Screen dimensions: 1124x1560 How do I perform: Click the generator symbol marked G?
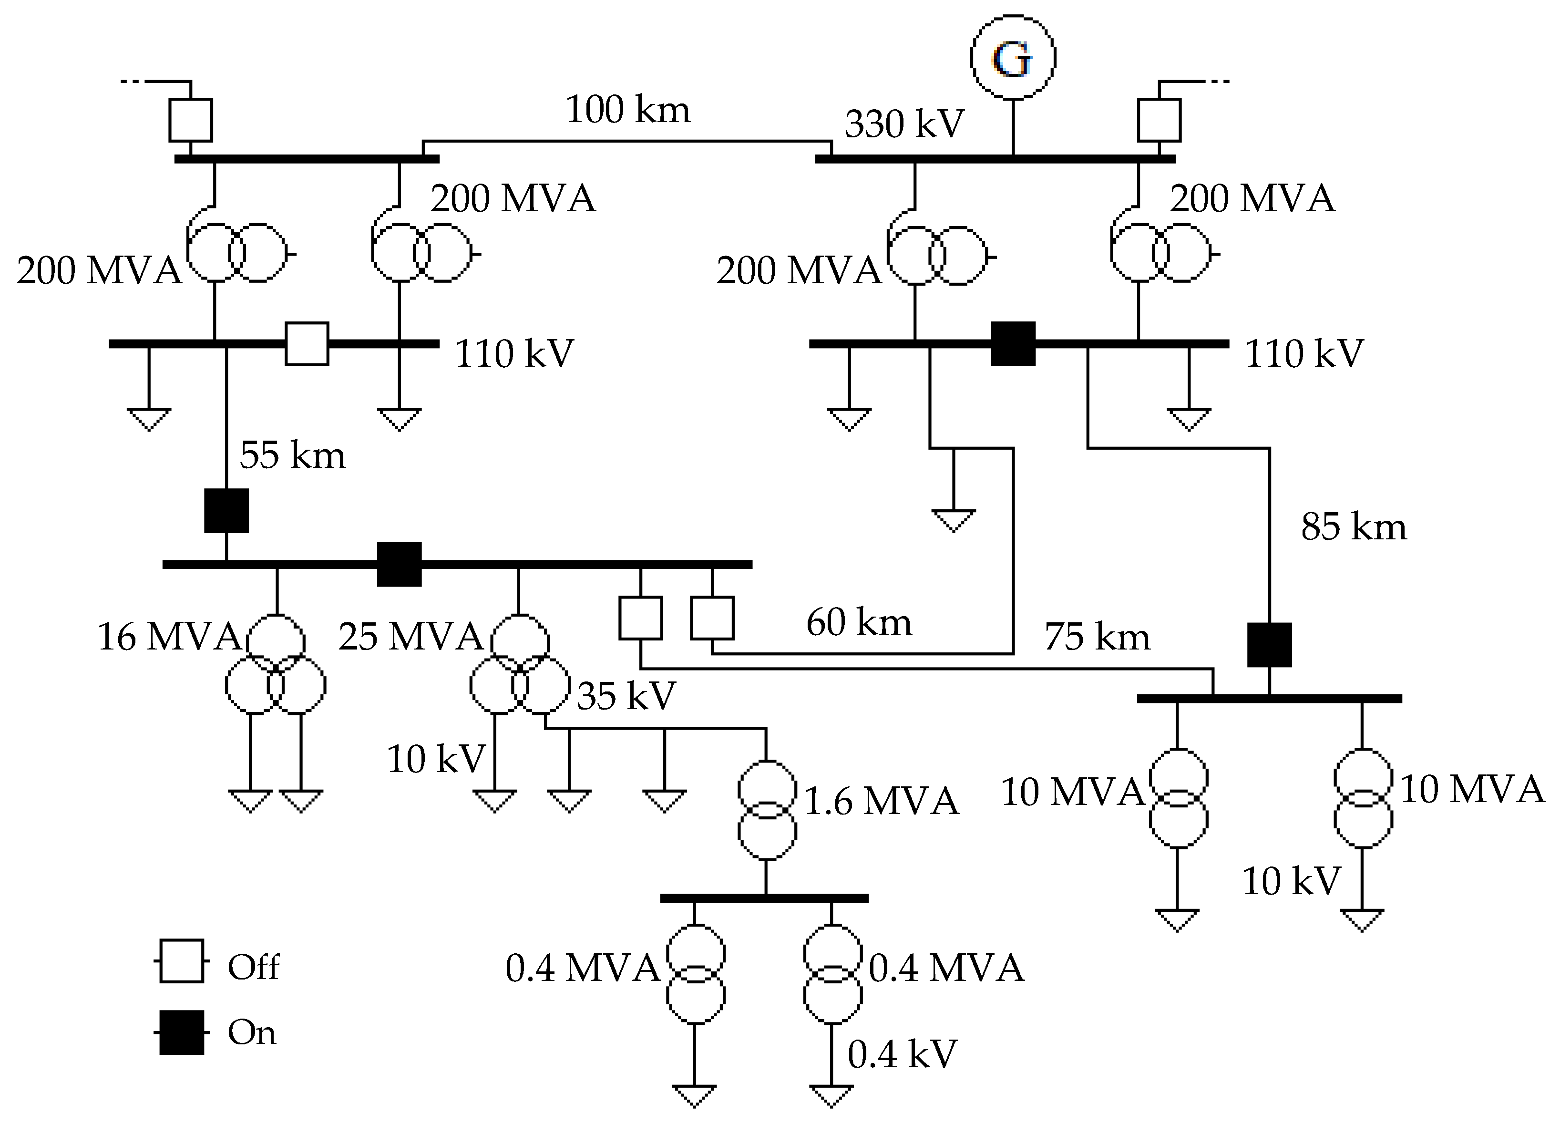(x=1013, y=57)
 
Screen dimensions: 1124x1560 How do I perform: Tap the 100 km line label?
(x=627, y=109)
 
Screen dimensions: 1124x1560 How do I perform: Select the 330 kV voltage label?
(x=904, y=124)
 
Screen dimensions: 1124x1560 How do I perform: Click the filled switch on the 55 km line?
(x=226, y=510)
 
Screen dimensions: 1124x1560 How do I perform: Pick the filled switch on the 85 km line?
(x=1269, y=645)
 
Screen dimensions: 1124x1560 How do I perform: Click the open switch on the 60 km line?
(x=712, y=618)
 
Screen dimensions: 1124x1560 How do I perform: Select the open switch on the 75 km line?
(x=640, y=618)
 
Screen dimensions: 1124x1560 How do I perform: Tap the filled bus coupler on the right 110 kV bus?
(x=1013, y=343)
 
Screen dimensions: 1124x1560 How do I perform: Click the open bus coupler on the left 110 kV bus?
(x=307, y=343)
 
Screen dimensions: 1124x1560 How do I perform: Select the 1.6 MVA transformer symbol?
(x=767, y=810)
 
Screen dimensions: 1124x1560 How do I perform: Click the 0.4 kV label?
(x=902, y=1054)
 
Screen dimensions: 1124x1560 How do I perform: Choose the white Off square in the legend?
(x=181, y=960)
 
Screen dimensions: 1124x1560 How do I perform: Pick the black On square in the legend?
(x=181, y=1032)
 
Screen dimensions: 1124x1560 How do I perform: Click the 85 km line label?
(x=1353, y=527)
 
